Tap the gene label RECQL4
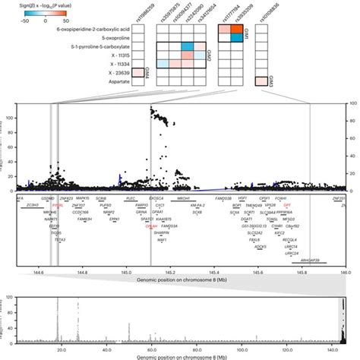pos(290,238)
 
